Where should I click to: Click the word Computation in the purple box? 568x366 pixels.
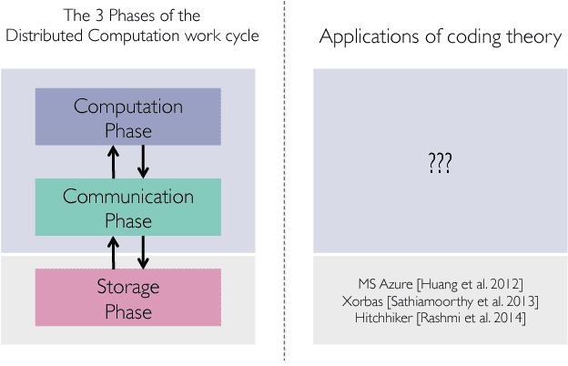click(x=127, y=107)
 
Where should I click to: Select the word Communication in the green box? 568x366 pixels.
click(x=127, y=197)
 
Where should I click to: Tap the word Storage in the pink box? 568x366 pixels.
click(x=127, y=287)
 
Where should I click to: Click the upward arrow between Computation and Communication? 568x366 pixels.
click(x=113, y=162)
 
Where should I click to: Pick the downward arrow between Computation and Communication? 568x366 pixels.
click(x=142, y=162)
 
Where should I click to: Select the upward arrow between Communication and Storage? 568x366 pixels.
click(x=113, y=252)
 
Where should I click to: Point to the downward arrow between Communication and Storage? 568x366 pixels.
click(x=142, y=252)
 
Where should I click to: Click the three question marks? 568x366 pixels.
click(x=441, y=164)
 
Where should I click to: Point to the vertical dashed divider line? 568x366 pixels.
click(x=284, y=182)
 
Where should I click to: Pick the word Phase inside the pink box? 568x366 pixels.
click(x=127, y=310)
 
